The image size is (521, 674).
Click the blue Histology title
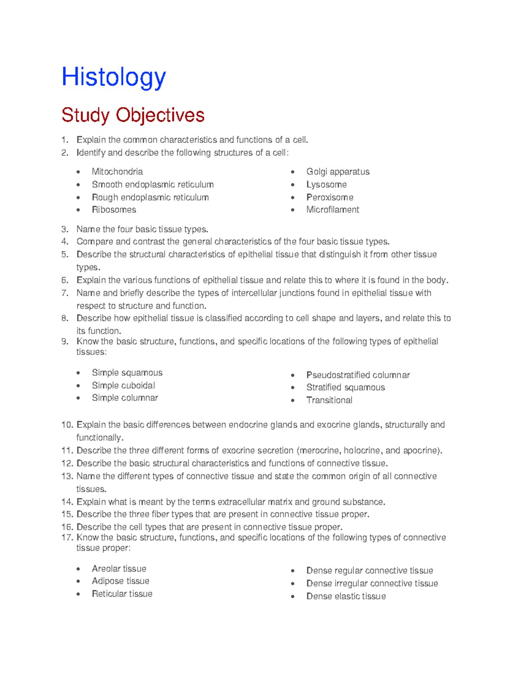coord(114,78)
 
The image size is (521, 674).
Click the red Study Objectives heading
coord(133,115)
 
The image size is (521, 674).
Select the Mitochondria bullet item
coord(117,172)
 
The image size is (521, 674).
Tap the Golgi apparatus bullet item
coord(338,172)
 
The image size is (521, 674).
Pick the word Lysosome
coord(326,185)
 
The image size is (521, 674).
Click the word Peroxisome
coord(330,197)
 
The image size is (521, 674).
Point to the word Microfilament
coord(333,210)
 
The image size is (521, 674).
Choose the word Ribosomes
coord(114,210)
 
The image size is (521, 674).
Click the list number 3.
coord(65,229)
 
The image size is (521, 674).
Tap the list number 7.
coord(65,293)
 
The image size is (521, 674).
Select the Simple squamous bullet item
coord(127,373)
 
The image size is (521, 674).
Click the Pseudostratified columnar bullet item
coord(358,375)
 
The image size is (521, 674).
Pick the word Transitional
coord(329,400)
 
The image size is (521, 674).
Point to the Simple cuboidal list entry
coord(123,385)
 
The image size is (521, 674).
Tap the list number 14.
coord(67,502)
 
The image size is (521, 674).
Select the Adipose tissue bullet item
coord(120,581)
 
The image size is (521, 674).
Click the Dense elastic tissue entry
coord(346,596)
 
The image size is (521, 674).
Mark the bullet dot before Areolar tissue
coord(78,569)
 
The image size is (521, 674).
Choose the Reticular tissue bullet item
coord(122,594)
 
